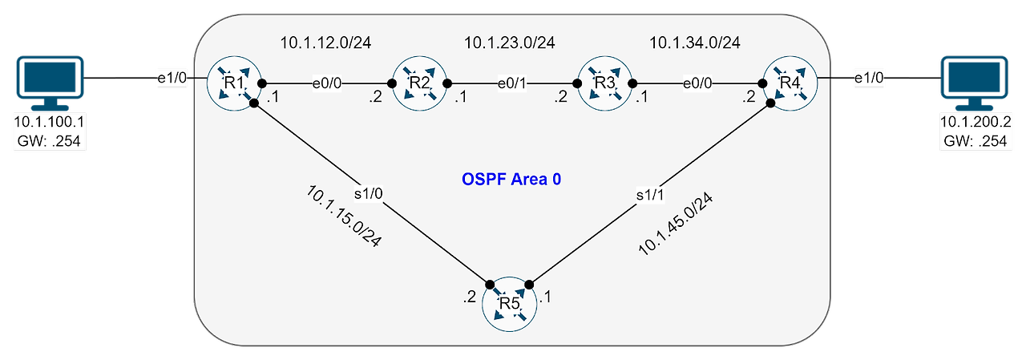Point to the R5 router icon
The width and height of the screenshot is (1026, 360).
pos(510,304)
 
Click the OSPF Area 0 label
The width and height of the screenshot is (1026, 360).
pos(510,179)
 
